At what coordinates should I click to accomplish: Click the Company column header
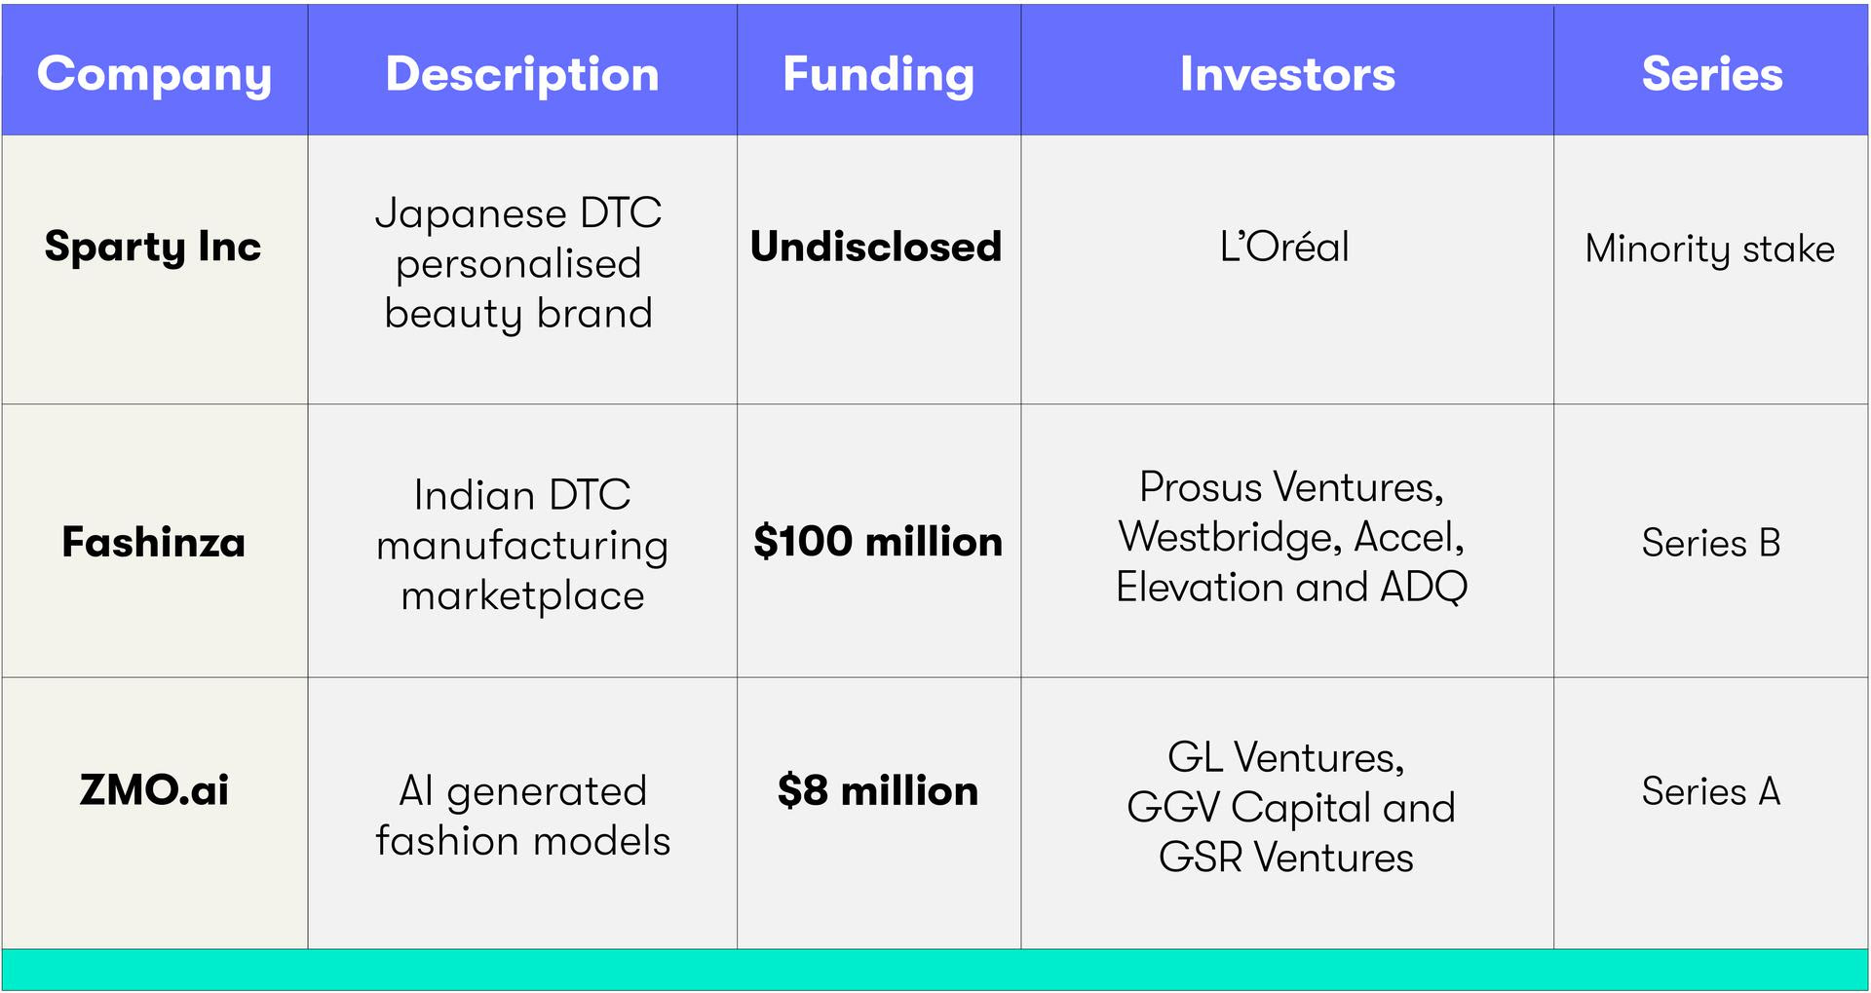[x=154, y=76]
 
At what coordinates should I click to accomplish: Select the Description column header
[x=522, y=74]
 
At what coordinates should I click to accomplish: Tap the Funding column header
[x=878, y=76]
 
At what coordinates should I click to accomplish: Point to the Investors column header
[x=1287, y=74]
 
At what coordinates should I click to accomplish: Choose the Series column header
[x=1712, y=74]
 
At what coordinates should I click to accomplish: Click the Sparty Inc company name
[x=153, y=248]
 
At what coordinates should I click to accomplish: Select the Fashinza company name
[x=153, y=542]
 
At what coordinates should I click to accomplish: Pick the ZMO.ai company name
[x=154, y=789]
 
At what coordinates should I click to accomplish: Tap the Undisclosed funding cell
[x=876, y=247]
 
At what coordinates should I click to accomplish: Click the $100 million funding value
[x=878, y=541]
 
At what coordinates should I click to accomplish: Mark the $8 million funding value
[x=878, y=790]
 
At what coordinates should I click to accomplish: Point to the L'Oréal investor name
[x=1284, y=247]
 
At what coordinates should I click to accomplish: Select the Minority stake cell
[x=1710, y=249]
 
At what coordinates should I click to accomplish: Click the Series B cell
[x=1711, y=543]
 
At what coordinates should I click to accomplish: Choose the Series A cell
[x=1711, y=791]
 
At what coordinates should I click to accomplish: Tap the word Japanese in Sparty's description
[x=470, y=214]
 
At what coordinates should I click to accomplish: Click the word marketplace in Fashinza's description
[x=523, y=596]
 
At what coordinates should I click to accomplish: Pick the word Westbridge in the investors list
[x=1230, y=537]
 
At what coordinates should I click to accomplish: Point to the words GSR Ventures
[x=1286, y=858]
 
